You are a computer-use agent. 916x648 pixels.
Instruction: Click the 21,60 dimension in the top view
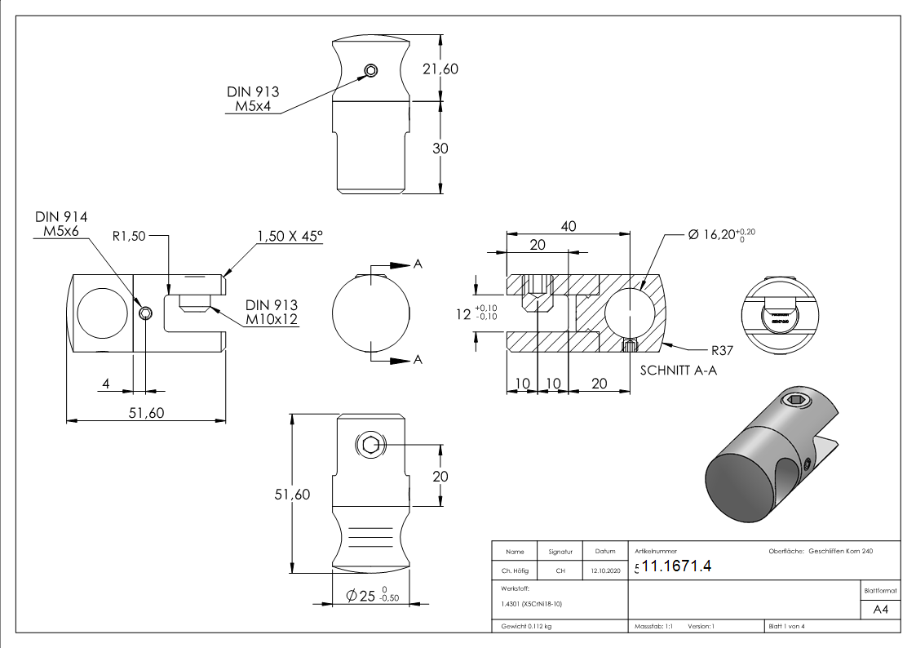click(x=440, y=69)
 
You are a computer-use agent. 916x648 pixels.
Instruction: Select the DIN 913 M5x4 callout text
click(x=252, y=100)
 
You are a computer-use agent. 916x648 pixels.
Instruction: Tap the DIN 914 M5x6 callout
click(x=61, y=224)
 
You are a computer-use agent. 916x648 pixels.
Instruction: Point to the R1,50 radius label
click(x=128, y=236)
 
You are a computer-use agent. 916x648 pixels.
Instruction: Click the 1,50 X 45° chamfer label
click(x=290, y=236)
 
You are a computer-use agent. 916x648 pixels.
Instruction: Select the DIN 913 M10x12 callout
click(x=271, y=312)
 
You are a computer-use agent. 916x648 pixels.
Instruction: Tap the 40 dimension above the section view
click(x=568, y=226)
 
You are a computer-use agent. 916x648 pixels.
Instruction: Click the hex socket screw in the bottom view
click(x=369, y=445)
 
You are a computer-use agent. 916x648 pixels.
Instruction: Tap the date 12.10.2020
click(x=604, y=571)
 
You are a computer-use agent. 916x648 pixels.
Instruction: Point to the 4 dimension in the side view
click(x=107, y=384)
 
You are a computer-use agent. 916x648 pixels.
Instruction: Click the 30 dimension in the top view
click(x=440, y=149)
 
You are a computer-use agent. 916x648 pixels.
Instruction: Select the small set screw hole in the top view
click(x=370, y=71)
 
